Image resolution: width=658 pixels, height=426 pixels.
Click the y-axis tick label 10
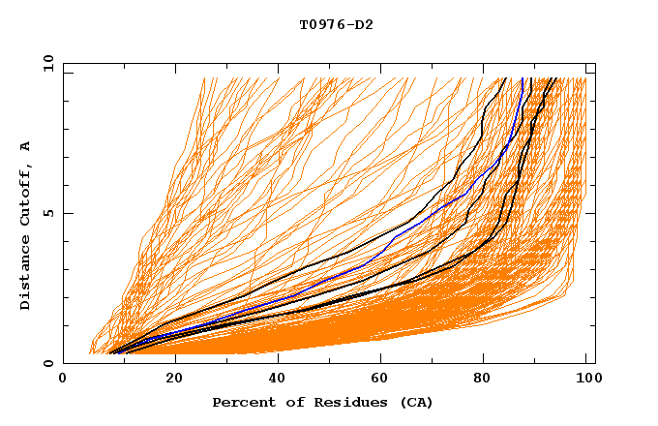[x=47, y=63]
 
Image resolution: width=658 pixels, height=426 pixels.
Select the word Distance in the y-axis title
[x=26, y=275]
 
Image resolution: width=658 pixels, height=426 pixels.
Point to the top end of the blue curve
[x=523, y=78]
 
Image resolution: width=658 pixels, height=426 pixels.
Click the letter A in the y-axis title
[x=26, y=146]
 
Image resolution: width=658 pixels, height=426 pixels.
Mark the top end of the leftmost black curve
[x=504, y=78]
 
